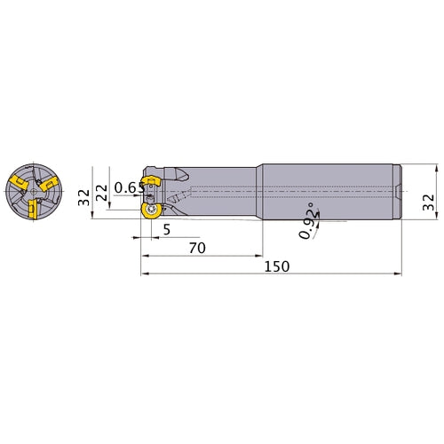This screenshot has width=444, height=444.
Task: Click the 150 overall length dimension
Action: tap(277, 266)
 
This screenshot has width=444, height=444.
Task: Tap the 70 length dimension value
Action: tap(197, 248)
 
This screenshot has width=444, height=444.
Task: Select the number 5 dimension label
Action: tap(167, 229)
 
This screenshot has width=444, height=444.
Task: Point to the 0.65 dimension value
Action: tap(130, 187)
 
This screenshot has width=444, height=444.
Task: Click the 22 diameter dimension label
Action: tap(102, 193)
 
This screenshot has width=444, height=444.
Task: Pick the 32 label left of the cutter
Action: tap(83, 197)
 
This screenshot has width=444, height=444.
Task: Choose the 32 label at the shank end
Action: tap(428, 202)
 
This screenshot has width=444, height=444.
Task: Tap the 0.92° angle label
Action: tap(308, 220)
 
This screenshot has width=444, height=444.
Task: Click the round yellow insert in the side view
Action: tap(152, 210)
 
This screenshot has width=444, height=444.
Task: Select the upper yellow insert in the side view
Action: tap(151, 180)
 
